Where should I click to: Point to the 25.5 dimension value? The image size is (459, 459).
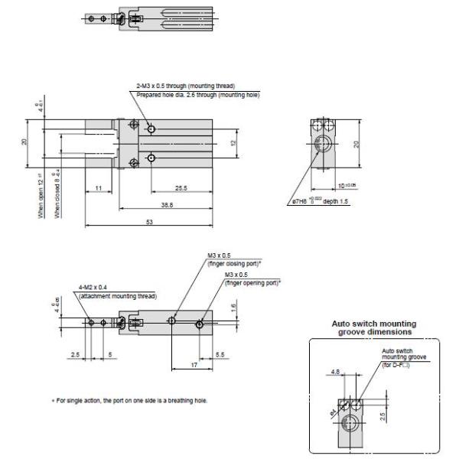[182, 188]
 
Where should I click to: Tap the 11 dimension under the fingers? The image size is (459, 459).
[100, 188]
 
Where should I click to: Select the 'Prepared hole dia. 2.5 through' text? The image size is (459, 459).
[185, 94]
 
